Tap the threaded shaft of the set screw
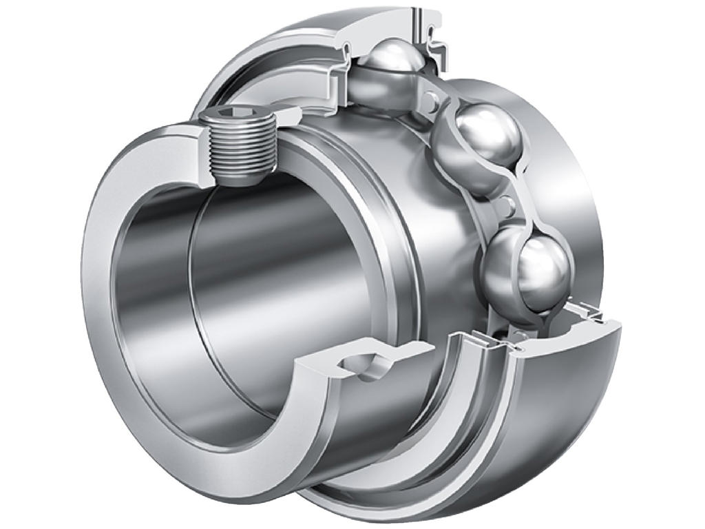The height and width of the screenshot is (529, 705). [237, 148]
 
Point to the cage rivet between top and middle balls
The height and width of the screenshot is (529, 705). [432, 101]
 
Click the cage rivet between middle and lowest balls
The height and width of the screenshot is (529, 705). [507, 205]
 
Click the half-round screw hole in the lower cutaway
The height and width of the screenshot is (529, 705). [364, 365]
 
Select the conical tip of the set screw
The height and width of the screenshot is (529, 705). [238, 180]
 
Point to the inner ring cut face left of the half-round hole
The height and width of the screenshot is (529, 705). [313, 369]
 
